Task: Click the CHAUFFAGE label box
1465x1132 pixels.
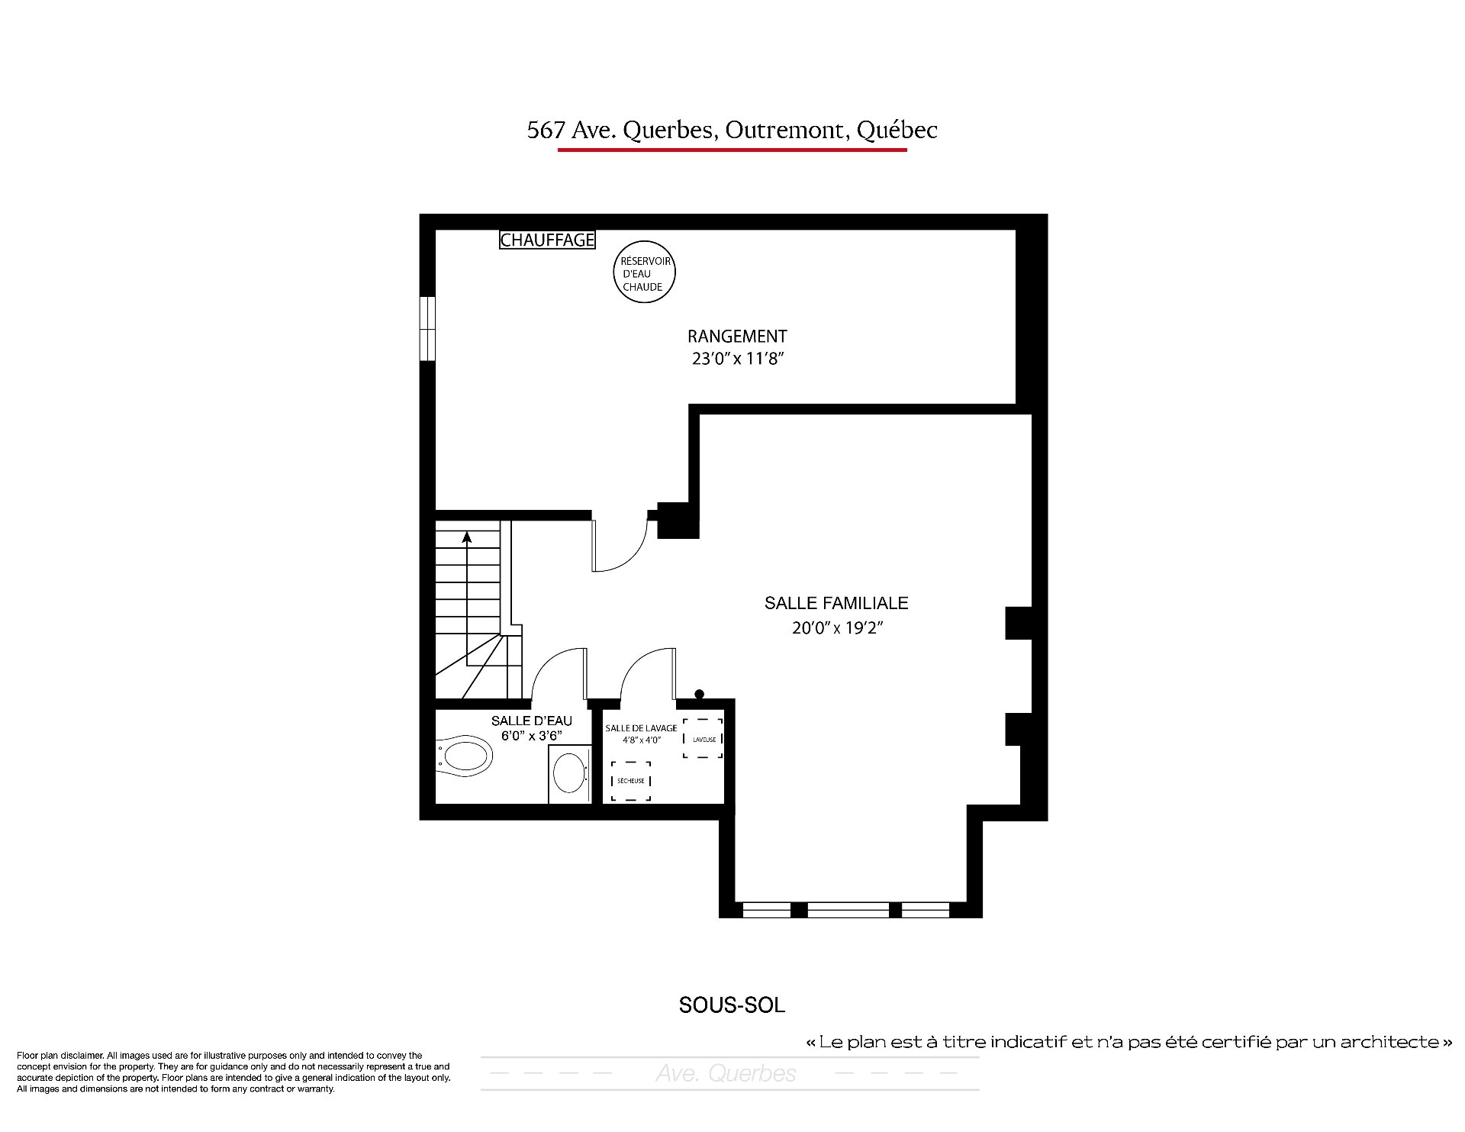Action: pos(547,240)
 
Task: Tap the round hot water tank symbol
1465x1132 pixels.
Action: pos(645,273)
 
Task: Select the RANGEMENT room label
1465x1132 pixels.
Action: pos(737,336)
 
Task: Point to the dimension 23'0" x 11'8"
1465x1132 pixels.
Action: pos(738,359)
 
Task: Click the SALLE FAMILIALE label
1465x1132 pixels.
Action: pos(836,603)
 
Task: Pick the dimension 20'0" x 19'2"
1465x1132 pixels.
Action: pos(836,628)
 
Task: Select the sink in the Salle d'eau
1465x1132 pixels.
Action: pos(570,773)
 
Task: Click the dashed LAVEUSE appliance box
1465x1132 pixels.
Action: pos(703,738)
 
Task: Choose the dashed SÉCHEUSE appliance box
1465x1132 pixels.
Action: pos(631,781)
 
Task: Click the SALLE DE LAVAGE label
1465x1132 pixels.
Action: pos(641,728)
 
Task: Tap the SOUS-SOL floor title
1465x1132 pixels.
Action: pos(732,1005)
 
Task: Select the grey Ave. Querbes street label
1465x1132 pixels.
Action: pos(726,1074)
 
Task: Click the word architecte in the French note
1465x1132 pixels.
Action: pos(1382,1042)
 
